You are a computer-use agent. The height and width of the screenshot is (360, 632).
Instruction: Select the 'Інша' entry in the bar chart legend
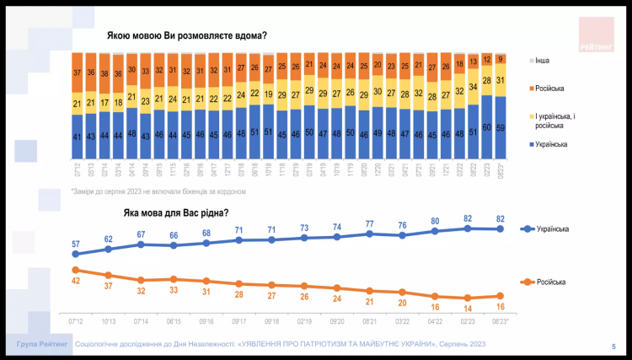point(543,62)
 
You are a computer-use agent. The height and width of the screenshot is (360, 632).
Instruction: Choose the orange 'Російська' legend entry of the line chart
point(545,282)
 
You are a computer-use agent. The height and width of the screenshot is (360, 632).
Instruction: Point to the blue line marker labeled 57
point(75,253)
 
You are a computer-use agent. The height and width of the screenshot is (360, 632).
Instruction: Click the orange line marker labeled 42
point(75,269)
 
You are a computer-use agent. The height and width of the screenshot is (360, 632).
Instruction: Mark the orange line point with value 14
point(469,298)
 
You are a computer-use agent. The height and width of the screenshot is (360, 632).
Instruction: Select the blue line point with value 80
point(436,231)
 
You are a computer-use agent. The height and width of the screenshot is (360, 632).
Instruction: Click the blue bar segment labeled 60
point(486,128)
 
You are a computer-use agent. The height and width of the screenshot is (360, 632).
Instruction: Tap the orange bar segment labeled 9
point(501,59)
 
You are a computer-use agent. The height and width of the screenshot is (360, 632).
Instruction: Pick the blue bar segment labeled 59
point(501,129)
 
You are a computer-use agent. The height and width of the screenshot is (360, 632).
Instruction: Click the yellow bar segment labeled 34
point(472,86)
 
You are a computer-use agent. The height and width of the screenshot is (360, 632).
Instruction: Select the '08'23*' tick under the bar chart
point(501,171)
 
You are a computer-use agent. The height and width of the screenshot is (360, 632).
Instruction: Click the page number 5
point(613,347)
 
